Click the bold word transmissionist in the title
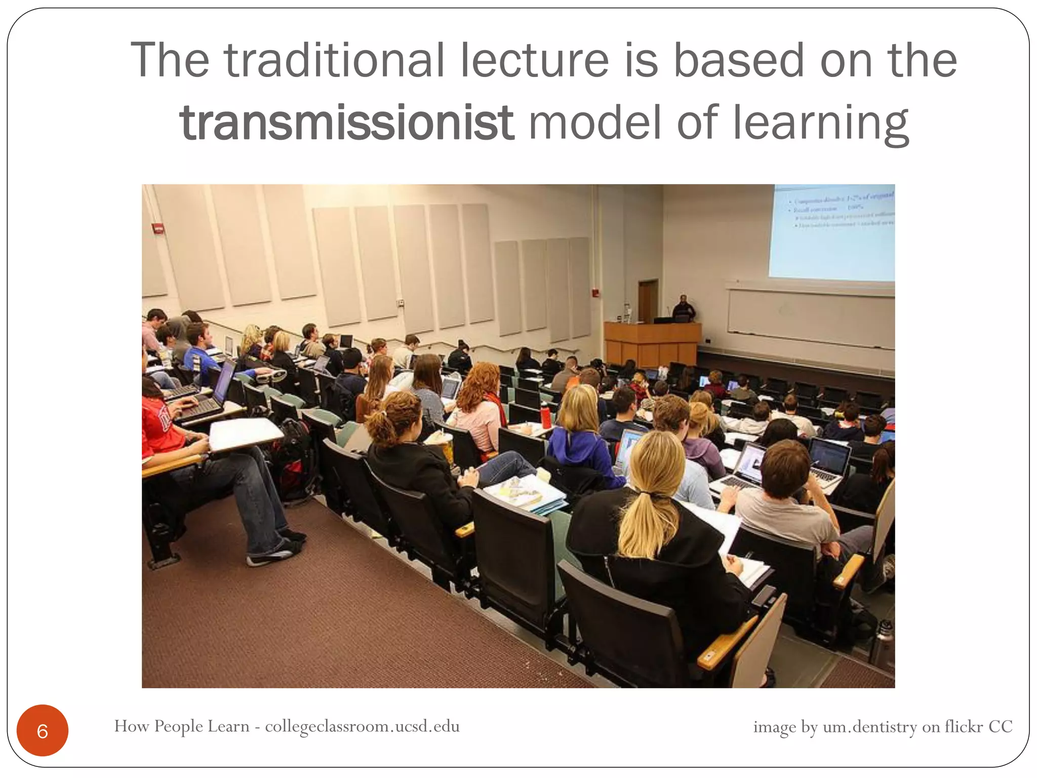pos(347,123)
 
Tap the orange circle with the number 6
pos(43,730)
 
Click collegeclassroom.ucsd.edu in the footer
pos(362,726)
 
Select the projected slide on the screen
pos(831,233)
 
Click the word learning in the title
pos(820,123)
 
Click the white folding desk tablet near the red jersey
pos(246,434)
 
